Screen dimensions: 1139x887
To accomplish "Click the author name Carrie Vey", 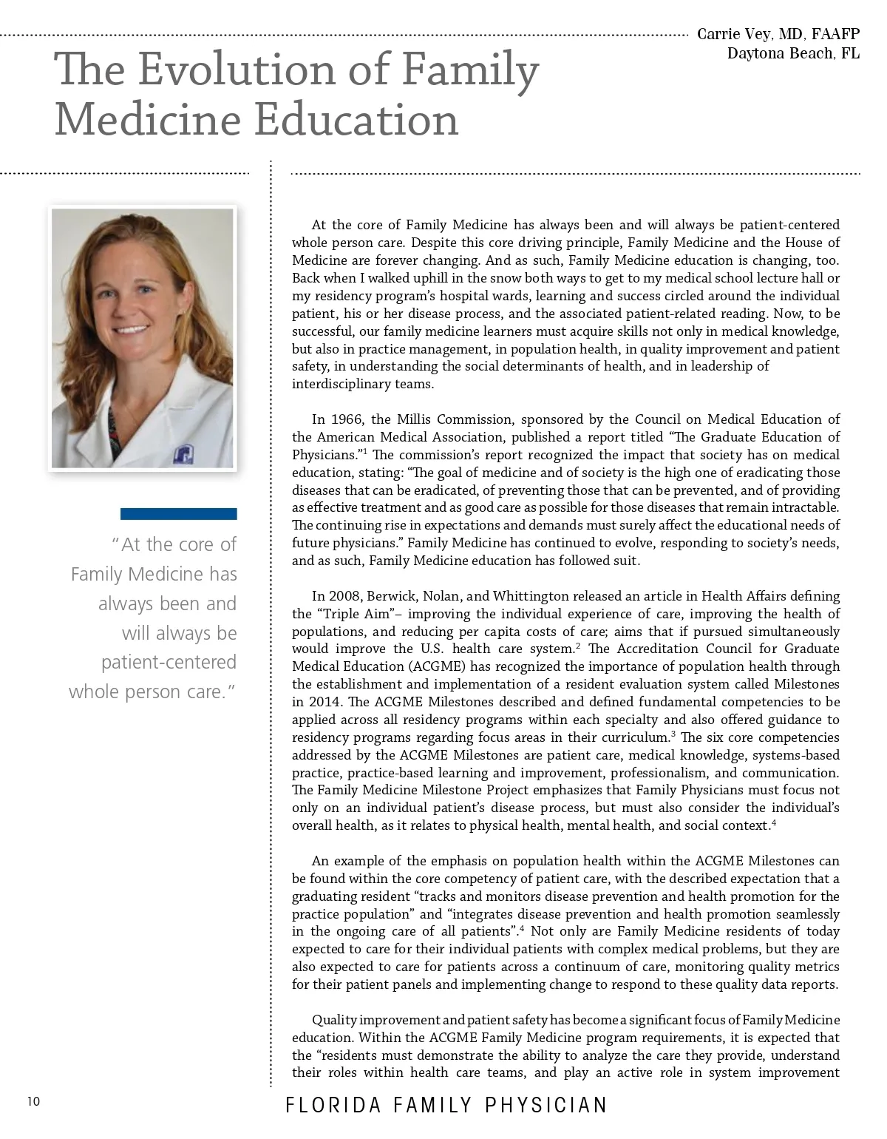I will tap(735, 34).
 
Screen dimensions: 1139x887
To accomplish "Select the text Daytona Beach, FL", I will tap(793, 53).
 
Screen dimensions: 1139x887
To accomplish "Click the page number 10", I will tap(33, 1102).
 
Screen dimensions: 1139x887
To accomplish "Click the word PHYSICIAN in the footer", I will tap(546, 1106).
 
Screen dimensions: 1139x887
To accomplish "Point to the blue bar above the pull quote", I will tap(178, 513).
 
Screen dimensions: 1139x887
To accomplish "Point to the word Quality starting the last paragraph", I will tap(333, 1020).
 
